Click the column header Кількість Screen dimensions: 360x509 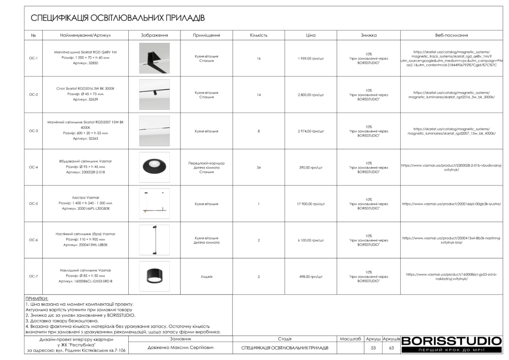258,36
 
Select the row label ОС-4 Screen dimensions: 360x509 33,167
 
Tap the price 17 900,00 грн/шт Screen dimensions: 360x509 311,204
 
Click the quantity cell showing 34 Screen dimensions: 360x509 258,168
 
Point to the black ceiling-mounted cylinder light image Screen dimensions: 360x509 154,276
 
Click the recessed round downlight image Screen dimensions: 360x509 154,167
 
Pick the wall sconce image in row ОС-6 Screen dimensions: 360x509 154,240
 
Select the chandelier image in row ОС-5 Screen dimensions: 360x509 154,204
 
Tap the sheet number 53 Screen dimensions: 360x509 373,348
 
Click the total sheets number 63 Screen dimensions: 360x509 391,348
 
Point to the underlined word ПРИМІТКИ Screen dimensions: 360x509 37,299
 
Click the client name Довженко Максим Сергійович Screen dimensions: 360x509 180,348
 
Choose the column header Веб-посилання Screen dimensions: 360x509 451,36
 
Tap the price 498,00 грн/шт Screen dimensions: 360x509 311,276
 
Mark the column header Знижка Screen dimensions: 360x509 368,36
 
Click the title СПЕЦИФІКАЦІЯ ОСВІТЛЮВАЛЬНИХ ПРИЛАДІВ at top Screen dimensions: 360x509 118,18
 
